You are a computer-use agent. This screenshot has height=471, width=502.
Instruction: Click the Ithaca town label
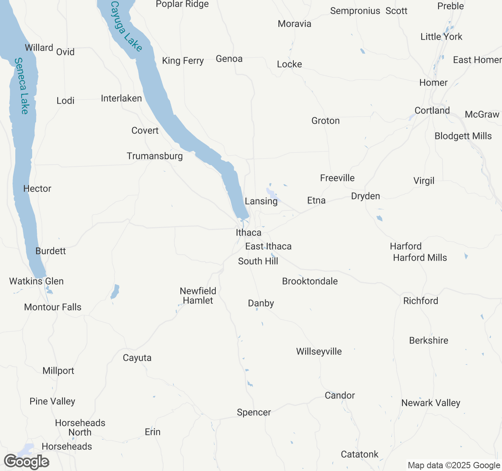pyautogui.click(x=248, y=233)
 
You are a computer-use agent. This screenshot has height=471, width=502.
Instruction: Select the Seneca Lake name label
pyautogui.click(x=22, y=86)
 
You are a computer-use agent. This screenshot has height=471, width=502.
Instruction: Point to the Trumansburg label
pyautogui.click(x=155, y=156)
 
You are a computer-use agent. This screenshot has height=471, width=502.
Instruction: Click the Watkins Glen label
pyautogui.click(x=36, y=281)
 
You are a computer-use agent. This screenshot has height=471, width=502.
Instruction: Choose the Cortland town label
pyautogui.click(x=432, y=111)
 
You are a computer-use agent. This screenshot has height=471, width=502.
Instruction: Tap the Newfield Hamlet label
pyautogui.click(x=198, y=296)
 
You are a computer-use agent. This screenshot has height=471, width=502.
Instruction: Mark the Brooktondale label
pyautogui.click(x=310, y=281)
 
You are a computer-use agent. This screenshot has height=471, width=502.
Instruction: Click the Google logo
pyautogui.click(x=26, y=462)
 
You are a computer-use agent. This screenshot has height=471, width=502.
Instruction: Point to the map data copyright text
pyautogui.click(x=454, y=466)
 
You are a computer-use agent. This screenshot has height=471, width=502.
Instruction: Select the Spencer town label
pyautogui.click(x=254, y=413)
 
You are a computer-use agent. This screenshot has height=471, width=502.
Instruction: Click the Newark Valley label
pyautogui.click(x=431, y=403)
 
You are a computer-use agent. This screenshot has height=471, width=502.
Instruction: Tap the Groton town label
pyautogui.click(x=326, y=121)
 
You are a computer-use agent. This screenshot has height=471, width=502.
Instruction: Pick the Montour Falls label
pyautogui.click(x=53, y=307)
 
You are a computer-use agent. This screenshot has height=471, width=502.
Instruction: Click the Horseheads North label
pyautogui.click(x=80, y=428)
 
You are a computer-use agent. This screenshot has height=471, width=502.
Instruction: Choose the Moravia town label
pyautogui.click(x=295, y=24)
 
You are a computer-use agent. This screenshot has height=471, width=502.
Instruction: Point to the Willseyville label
pyautogui.click(x=319, y=352)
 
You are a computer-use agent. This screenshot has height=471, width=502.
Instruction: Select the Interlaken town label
pyautogui.click(x=121, y=99)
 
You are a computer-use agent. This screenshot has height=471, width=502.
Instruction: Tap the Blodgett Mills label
pyautogui.click(x=463, y=136)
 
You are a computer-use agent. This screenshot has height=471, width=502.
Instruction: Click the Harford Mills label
pyautogui.click(x=420, y=258)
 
